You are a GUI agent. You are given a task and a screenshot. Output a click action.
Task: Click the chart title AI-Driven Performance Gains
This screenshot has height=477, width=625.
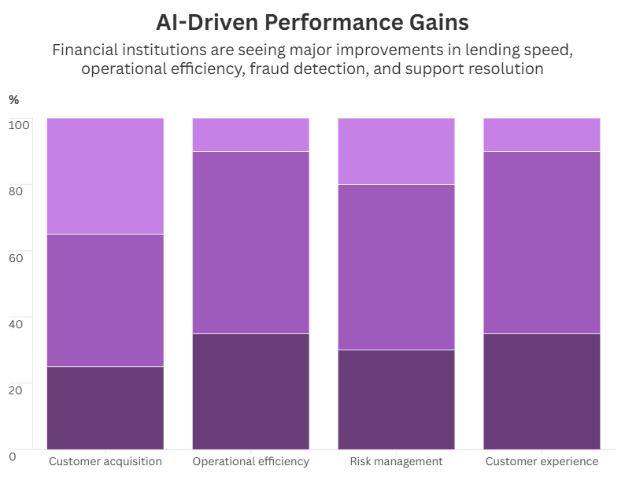[312, 21]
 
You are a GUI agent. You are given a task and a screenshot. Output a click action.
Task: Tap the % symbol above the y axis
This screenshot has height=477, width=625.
[13, 99]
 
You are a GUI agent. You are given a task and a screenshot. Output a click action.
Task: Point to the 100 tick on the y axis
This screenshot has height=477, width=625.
[19, 124]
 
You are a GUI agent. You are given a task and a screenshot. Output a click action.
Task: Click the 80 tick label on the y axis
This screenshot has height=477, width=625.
[17, 190]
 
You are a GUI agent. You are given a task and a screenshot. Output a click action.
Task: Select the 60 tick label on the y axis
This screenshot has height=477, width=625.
[17, 257]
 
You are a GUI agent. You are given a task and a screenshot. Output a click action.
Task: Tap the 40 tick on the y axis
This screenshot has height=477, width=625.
[17, 323]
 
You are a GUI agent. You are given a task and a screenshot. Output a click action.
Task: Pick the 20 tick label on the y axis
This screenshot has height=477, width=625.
[17, 389]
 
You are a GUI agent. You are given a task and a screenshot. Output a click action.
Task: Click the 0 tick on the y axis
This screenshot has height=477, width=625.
[13, 455]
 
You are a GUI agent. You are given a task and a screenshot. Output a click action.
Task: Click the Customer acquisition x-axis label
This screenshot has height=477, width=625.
[105, 461]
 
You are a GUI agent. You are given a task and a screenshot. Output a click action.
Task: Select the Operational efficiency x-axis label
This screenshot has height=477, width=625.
[251, 461]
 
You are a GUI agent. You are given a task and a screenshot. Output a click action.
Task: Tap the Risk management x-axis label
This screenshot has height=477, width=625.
[396, 461]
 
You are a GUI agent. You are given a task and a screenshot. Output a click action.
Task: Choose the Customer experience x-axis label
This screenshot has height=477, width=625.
[542, 461]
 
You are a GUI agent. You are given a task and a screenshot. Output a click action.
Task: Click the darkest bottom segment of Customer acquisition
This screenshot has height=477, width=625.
[105, 408]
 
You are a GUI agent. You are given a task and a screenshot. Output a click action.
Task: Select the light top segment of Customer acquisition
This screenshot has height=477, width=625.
[105, 176]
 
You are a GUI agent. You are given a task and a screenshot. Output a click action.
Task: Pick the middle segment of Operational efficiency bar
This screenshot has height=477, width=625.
[251, 242]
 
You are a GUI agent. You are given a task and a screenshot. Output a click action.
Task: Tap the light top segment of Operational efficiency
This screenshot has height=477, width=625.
[251, 135]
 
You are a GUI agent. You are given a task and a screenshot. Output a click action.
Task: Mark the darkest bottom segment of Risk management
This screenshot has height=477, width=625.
[396, 399]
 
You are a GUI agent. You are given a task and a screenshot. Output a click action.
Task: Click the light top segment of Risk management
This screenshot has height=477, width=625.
[396, 151]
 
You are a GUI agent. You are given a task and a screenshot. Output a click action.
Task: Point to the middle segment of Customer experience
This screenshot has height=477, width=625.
[542, 242]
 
